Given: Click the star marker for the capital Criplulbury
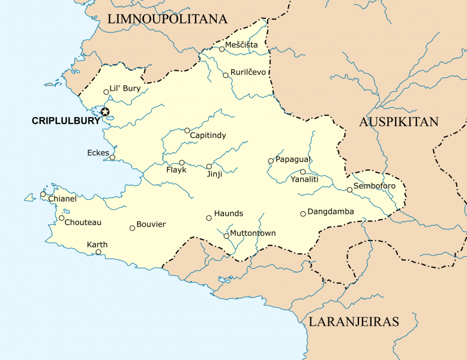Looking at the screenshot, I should point(105,112).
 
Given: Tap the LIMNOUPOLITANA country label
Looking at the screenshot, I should point(167,19).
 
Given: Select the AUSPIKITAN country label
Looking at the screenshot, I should point(399,122).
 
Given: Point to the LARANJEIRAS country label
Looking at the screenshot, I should point(354,322).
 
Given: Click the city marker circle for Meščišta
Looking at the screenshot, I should point(221,49).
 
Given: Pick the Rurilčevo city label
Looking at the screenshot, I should point(248,72).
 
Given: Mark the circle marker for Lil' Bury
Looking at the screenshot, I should point(106,92).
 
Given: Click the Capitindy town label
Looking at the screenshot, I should point(208,136).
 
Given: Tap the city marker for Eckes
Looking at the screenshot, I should point(112,157).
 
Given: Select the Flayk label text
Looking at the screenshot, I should point(176,170).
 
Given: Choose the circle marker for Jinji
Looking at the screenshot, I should point(209,166).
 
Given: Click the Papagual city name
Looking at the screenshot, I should point(292,159).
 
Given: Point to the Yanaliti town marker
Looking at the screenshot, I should point(303,172).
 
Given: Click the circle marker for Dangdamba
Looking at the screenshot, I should point(303,214).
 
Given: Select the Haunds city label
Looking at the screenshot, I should point(229,214).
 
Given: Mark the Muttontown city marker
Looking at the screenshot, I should point(226,236).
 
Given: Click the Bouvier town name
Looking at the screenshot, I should point(151,224).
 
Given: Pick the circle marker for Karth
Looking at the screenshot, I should point(98,252).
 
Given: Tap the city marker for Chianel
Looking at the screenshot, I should point(43,194).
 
